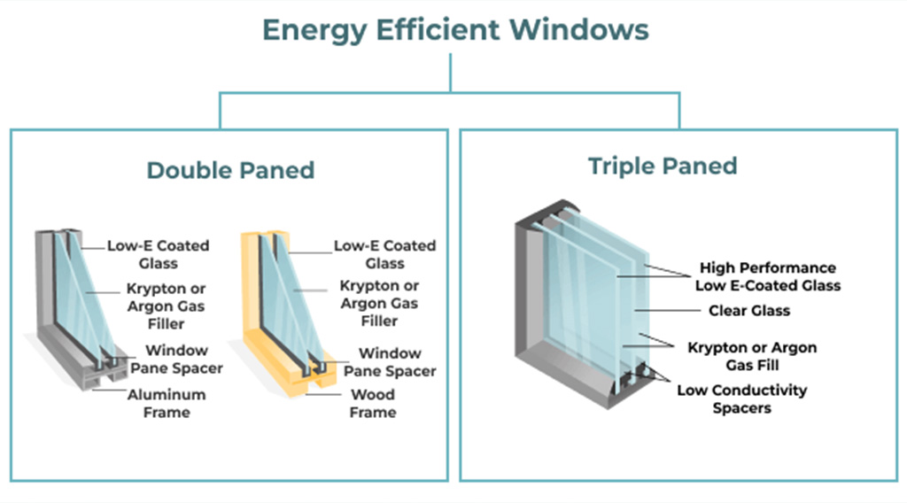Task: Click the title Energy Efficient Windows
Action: (455, 29)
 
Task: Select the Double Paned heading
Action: (230, 170)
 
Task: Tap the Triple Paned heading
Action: (663, 166)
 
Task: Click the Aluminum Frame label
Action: (167, 403)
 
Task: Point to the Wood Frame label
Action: (373, 403)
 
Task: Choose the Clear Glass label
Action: (749, 311)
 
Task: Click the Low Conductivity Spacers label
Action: (742, 399)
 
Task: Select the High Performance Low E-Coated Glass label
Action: (767, 276)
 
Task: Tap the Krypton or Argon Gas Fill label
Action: (752, 356)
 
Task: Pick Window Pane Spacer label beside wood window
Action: (391, 361)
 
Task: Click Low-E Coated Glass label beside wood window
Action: (384, 254)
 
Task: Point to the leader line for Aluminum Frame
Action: (110, 391)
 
